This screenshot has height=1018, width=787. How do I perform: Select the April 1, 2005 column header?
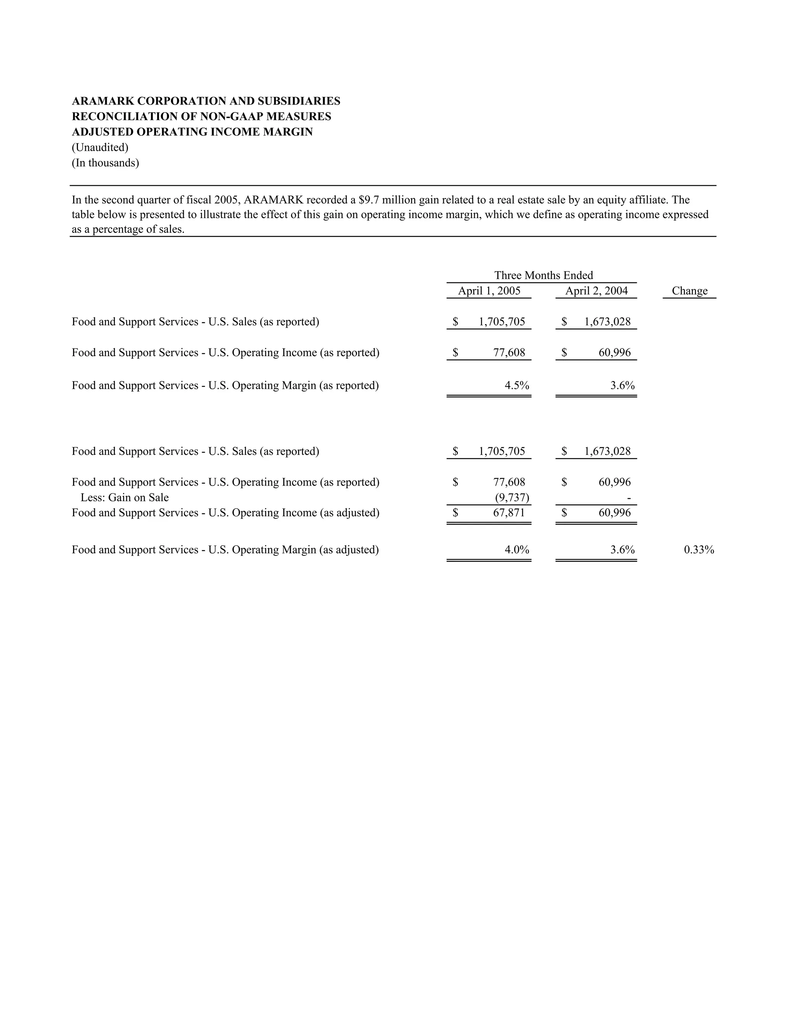[x=489, y=291]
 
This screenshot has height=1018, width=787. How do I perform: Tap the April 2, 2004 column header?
[x=596, y=291]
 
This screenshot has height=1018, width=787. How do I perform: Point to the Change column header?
[x=689, y=291]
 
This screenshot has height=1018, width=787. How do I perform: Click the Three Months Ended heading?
[x=543, y=275]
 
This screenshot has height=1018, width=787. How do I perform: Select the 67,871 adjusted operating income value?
[x=509, y=513]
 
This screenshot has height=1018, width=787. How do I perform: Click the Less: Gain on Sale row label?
[x=125, y=497]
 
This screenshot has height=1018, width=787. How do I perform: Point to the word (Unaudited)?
[x=100, y=147]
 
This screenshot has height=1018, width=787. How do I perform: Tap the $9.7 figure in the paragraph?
[x=368, y=200]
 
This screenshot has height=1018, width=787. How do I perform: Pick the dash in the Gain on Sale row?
[x=629, y=498]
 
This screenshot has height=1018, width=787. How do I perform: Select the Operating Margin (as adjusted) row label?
[x=225, y=550]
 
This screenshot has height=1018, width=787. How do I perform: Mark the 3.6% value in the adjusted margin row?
[x=623, y=550]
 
